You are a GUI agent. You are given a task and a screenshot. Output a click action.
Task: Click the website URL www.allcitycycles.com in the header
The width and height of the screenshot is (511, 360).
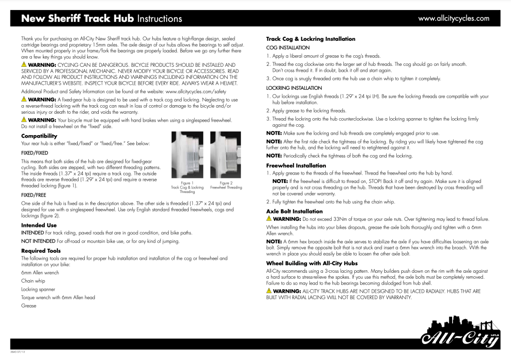click(x=454, y=18)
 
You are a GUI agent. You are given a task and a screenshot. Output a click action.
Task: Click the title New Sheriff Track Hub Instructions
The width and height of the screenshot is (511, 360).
click(x=101, y=19)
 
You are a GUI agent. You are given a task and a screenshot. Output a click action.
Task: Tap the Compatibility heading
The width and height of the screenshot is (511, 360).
click(x=39, y=136)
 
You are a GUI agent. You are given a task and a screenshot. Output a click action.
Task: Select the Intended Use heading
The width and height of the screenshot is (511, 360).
click(x=38, y=225)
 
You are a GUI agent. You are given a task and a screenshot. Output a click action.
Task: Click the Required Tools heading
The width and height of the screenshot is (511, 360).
click(x=41, y=250)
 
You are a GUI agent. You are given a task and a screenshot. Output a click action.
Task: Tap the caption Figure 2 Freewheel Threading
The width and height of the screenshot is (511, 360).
click(x=226, y=185)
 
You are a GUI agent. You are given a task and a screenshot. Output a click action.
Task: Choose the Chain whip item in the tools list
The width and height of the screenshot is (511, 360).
click(x=33, y=281)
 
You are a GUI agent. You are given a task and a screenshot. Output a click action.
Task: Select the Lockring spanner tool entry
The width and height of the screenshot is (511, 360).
click(x=38, y=289)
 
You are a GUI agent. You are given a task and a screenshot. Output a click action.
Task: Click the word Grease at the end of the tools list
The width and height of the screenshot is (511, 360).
click(x=28, y=306)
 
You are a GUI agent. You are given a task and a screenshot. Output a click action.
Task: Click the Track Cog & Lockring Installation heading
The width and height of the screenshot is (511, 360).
click(x=310, y=39)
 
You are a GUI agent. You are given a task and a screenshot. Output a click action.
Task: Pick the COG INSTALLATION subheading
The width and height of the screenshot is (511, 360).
click(x=287, y=47)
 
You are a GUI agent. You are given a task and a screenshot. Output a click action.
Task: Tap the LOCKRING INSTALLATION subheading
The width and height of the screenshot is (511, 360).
click(x=294, y=88)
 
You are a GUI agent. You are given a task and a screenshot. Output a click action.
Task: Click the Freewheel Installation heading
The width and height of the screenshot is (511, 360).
click(x=296, y=166)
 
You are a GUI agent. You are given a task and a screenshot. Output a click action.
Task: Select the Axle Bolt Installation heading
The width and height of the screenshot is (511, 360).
click(x=294, y=211)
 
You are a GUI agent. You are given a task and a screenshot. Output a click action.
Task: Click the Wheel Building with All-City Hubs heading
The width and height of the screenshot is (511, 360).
click(x=312, y=263)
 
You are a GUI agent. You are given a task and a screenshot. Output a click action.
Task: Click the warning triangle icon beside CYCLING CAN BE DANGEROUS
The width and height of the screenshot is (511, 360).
click(x=23, y=65)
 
